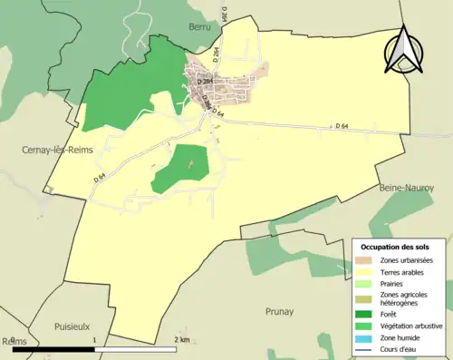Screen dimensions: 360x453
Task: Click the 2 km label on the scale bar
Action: pos(181,340)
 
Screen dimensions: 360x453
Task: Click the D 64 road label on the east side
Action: pos(341,126)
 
